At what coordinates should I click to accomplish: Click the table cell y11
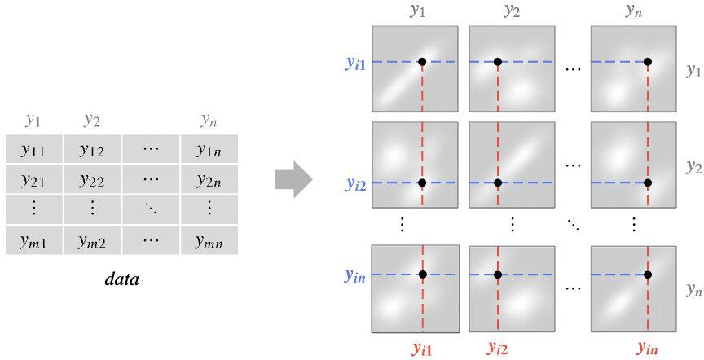[33, 149]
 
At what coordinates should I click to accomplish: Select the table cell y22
[91, 179]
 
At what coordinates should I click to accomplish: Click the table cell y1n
[209, 149]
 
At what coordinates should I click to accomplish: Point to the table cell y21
[33, 179]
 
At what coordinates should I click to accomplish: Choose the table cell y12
[91, 149]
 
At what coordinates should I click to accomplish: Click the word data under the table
[122, 279]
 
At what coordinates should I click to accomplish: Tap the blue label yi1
[354, 63]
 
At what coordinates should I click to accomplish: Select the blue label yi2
[354, 184]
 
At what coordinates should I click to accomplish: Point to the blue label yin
[354, 276]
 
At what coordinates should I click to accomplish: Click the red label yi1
[421, 349]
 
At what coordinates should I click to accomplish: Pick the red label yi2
[499, 349]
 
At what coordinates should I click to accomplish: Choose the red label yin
[648, 349]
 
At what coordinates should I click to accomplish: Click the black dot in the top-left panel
[422, 62]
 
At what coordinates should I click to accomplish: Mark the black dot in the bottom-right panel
[648, 274]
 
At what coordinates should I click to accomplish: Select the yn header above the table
[209, 121]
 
